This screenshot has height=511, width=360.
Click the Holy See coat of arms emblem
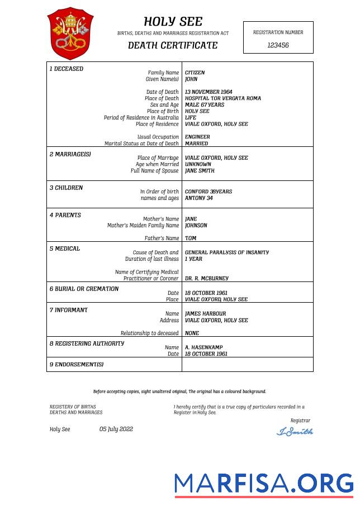(70, 33)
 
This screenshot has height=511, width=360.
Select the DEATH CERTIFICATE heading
(173, 45)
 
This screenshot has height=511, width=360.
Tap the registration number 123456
(278, 45)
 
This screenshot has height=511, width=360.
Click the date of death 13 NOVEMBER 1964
(209, 92)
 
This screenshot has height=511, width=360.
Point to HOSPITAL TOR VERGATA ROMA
(222, 98)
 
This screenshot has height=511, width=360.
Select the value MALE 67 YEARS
(204, 105)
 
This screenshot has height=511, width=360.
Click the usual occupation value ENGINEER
(197, 137)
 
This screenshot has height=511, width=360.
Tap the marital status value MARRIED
(196, 144)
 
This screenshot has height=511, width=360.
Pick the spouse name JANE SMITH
(200, 171)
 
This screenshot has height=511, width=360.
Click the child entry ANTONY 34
(198, 198)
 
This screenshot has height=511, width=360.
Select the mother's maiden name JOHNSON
(196, 226)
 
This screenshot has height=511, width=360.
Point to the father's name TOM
(190, 238)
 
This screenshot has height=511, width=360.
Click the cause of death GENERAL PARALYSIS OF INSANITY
(226, 252)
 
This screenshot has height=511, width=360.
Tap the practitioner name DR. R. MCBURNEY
(206, 278)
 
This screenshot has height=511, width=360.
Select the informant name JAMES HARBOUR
(205, 314)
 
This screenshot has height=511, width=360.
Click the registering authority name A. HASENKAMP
(203, 347)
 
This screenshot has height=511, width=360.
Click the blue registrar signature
(295, 431)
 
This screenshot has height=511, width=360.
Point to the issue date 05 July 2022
(116, 429)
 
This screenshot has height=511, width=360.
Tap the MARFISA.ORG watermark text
(263, 483)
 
